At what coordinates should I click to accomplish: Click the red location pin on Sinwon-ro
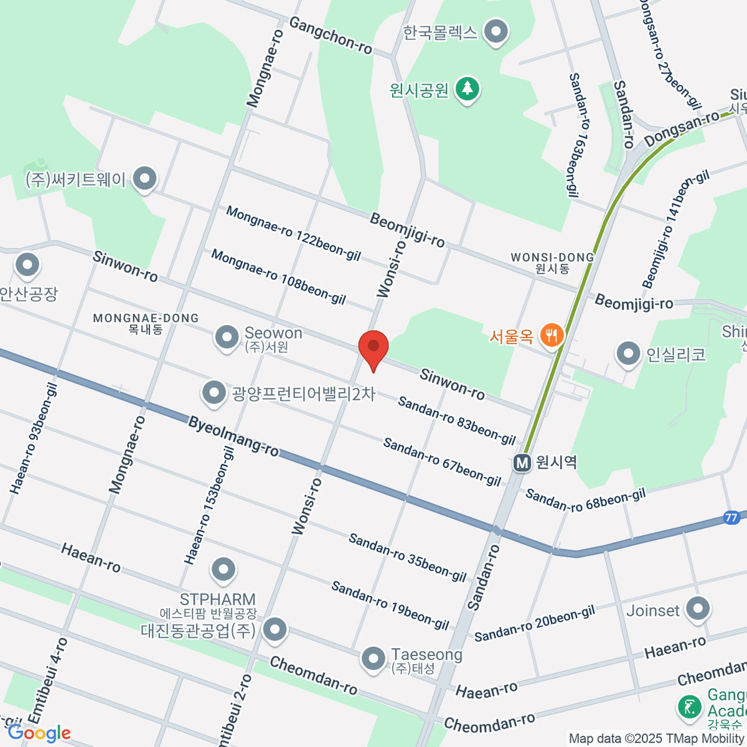coord(374,347)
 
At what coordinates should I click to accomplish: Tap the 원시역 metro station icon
coord(522,463)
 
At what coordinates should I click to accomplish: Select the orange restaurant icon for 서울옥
coord(551,336)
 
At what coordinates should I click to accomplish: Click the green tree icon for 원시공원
coord(467,89)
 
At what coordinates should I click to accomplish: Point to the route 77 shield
coord(731,517)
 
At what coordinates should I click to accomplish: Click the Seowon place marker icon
coord(227,337)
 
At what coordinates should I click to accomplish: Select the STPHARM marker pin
coord(223,568)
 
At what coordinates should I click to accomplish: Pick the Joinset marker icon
coord(697,609)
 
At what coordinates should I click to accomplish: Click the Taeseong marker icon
coord(374,659)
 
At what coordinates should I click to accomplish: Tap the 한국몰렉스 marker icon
coord(496,31)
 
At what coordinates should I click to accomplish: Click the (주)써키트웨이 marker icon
coord(145,179)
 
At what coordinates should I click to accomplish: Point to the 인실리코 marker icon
coord(628,354)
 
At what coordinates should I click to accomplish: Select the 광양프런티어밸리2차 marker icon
coord(214,393)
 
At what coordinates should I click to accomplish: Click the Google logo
coord(40,733)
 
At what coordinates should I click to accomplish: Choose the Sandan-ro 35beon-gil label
coord(407,557)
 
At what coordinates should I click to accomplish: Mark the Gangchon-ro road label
coord(331,35)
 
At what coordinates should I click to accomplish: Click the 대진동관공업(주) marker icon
coord(275,630)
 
